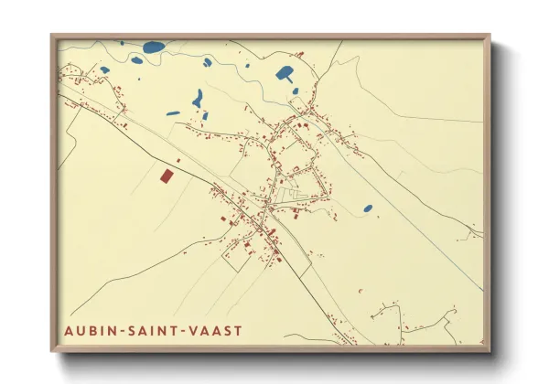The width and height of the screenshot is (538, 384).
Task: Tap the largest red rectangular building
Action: coord(166,175)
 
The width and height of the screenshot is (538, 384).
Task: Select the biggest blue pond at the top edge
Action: coord(154,47)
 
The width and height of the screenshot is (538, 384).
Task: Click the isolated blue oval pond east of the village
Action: coord(368,208)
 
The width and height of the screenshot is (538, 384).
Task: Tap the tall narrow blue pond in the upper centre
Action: coord(197,97)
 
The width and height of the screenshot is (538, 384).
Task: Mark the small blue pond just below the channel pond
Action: coord(295,91)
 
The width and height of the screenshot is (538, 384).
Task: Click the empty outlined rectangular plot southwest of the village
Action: coord(234,259)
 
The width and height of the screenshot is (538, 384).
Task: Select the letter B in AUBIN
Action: coord(92,328)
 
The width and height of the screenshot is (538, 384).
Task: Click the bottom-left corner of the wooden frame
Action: coord(52,349)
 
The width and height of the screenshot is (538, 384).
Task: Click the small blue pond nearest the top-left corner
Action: coord(104,69)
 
